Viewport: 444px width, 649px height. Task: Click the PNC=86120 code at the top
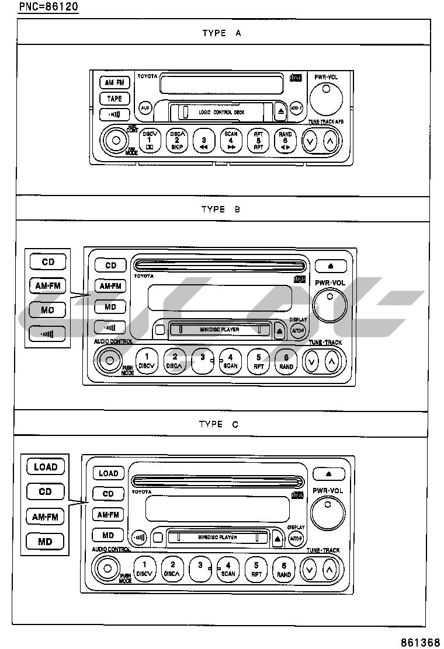[48, 7]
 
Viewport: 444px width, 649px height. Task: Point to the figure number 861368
[420, 641]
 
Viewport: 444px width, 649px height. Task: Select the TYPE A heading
[221, 33]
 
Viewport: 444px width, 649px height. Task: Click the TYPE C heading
[218, 424]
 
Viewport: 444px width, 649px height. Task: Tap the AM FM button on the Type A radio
[115, 83]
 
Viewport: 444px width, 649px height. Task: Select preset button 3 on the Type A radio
[204, 142]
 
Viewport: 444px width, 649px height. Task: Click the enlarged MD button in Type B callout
[47, 310]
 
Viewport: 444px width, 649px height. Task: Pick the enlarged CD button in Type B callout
[48, 262]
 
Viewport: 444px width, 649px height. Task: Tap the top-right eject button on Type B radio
[331, 266]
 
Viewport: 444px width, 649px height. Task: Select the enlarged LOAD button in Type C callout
[46, 467]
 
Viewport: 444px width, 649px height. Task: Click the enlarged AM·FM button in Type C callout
[46, 517]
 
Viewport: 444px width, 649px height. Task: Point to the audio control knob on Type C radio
[106, 568]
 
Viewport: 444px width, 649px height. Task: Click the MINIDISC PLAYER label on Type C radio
[217, 537]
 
